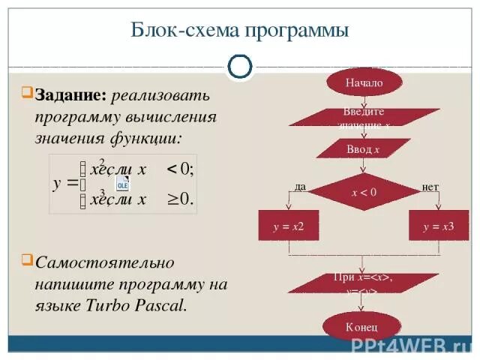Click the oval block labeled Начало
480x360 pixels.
tap(364, 82)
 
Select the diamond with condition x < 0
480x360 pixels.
tap(364, 192)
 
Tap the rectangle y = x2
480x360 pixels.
tap(289, 225)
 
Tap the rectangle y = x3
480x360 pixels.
tap(439, 225)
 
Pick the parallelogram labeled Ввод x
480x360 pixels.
tap(364, 149)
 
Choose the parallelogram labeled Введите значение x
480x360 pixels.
tap(364, 117)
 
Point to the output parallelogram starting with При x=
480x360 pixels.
tap(364, 283)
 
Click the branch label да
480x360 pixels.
tap(300, 187)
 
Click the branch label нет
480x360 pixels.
tap(430, 187)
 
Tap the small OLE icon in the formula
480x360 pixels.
tap(122, 184)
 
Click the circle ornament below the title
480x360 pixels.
tap(239, 66)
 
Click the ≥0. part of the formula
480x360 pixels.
tap(178, 199)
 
